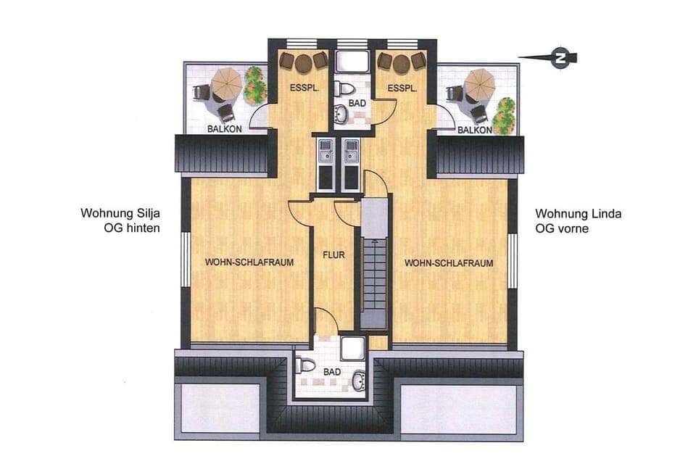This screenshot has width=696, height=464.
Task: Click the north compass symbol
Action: coord(560,58)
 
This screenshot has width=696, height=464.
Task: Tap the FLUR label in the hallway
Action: coord(333,255)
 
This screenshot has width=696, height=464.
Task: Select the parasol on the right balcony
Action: coord(479,83)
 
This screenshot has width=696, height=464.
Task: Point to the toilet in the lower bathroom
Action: coord(304,365)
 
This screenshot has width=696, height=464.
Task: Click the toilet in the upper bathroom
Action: coord(344,88)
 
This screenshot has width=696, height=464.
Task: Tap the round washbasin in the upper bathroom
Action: coord(342,114)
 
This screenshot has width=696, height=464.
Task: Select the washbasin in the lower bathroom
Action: coord(359,381)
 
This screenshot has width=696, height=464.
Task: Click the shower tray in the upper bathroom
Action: coord(352,62)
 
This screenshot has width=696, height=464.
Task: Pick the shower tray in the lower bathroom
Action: coord(353,348)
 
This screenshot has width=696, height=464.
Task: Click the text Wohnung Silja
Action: coord(120,213)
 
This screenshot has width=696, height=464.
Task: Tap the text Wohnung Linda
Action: coord(579,214)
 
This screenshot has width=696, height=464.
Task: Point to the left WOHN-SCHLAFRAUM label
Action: coord(249,262)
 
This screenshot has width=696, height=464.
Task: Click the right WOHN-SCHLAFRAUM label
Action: coord(449,263)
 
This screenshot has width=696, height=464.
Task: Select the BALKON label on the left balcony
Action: coord(225,129)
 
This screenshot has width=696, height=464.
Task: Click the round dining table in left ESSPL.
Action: coord(304,63)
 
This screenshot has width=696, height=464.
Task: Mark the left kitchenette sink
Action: coord(326,150)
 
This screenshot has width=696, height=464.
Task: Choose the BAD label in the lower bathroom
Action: coord(332,372)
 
